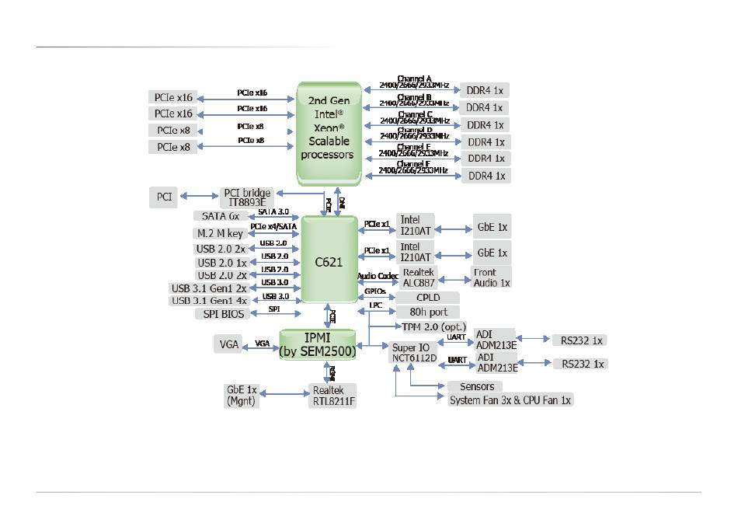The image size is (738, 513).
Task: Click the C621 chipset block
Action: tap(329, 262)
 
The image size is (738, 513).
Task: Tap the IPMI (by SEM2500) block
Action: tap(318, 344)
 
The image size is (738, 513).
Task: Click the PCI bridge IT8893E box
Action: tap(246, 197)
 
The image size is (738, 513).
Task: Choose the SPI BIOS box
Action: tap(222, 314)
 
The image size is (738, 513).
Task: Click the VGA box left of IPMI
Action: tap(228, 344)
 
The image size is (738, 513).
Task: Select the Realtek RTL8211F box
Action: tap(334, 395)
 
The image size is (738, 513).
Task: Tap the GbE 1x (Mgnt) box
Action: tap(242, 395)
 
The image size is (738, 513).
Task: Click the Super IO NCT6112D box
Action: tap(413, 351)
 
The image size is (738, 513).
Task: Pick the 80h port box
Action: tap(428, 312)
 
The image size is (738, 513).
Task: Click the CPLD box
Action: tap(428, 298)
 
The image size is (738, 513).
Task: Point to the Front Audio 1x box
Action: tap(491, 277)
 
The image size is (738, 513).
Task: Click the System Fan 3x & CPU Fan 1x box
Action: tap(510, 400)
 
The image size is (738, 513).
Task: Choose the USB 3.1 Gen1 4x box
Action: tap(209, 301)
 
